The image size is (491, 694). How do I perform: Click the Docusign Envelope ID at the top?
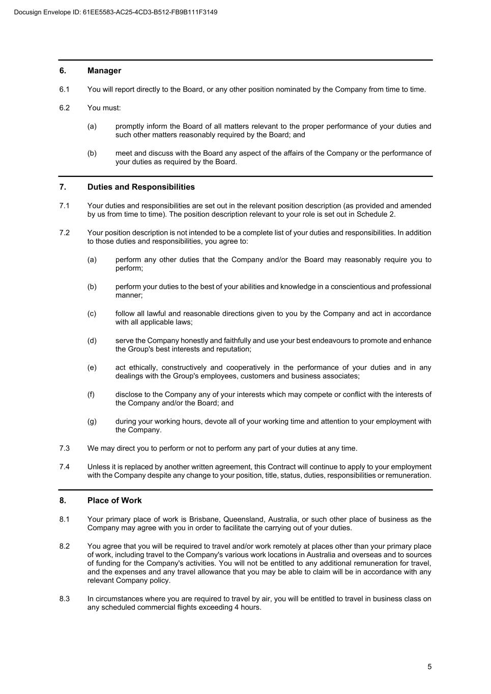pyautogui.click(x=116, y=12)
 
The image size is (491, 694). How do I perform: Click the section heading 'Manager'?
pyautogui.click(x=104, y=71)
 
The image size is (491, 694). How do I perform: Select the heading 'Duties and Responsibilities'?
pyautogui.click(x=141, y=187)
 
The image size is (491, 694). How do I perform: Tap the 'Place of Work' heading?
pyautogui.click(x=114, y=501)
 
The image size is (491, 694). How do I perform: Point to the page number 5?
pyautogui.click(x=429, y=667)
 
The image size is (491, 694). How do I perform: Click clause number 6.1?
pyautogui.click(x=64, y=89)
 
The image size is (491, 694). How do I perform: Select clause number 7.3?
pyautogui.click(x=64, y=448)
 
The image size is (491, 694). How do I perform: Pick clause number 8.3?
pyautogui.click(x=64, y=599)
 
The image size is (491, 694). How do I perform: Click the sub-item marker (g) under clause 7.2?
pyautogui.click(x=92, y=421)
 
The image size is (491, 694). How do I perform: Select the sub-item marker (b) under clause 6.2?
pyautogui.click(x=92, y=153)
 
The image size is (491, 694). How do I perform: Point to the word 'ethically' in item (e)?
pyautogui.click(x=145, y=368)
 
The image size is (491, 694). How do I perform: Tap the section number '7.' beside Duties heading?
pyautogui.click(x=63, y=187)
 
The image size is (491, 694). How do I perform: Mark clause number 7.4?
pyautogui.click(x=64, y=467)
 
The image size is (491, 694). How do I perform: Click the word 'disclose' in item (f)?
pyautogui.click(x=129, y=395)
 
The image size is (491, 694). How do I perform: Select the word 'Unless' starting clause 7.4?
pyautogui.click(x=98, y=467)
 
